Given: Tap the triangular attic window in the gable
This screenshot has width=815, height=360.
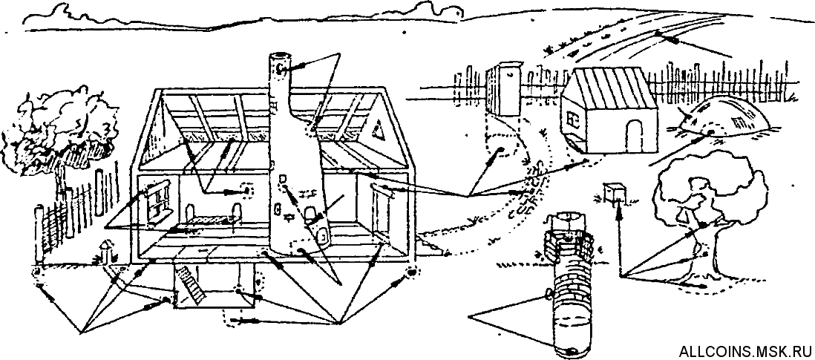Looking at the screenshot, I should [379, 131].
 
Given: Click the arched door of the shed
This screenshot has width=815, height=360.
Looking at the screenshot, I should [634, 134].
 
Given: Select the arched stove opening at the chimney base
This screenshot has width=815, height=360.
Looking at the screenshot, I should [324, 236].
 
